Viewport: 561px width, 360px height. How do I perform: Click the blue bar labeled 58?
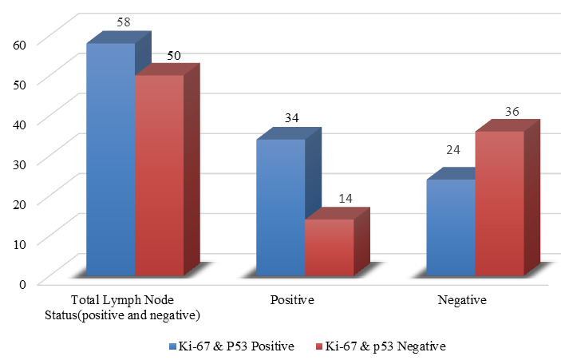[x=111, y=160]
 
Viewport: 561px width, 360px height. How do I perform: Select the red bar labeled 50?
[x=160, y=176]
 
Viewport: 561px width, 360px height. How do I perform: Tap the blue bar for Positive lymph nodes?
[x=281, y=208]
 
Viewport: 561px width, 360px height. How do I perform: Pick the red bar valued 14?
[x=330, y=247]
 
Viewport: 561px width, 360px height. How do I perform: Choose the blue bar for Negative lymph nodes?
[x=452, y=227]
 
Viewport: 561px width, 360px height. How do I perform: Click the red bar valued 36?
[x=500, y=204]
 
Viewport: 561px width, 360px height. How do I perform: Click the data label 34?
[x=291, y=118]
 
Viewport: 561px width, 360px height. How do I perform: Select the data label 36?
[x=512, y=111]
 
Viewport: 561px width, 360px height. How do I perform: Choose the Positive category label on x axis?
[x=292, y=301]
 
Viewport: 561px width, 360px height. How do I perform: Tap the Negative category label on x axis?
[x=462, y=301]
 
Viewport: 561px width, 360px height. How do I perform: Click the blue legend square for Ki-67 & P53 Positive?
[x=172, y=346]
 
